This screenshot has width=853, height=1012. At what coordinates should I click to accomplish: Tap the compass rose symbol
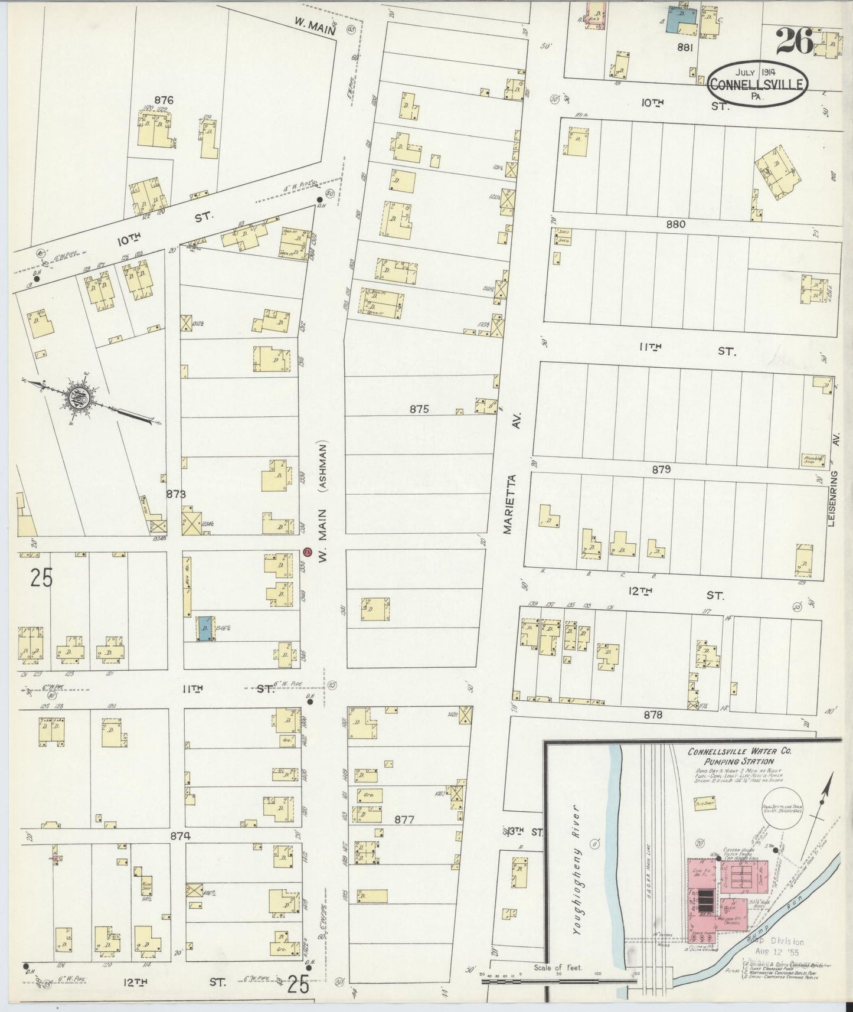[77, 396]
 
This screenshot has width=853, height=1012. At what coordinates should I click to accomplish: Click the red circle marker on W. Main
[307, 552]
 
